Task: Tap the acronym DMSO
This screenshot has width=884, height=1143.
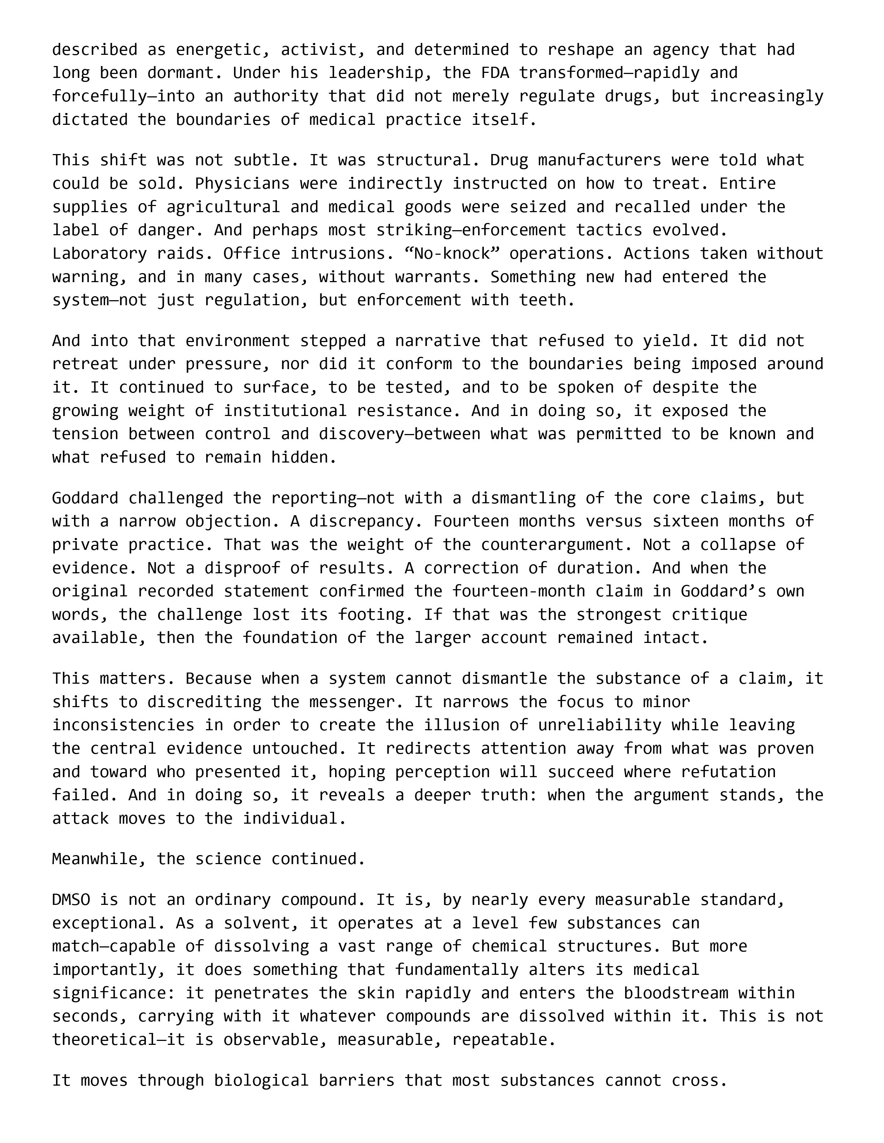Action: click(x=71, y=899)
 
